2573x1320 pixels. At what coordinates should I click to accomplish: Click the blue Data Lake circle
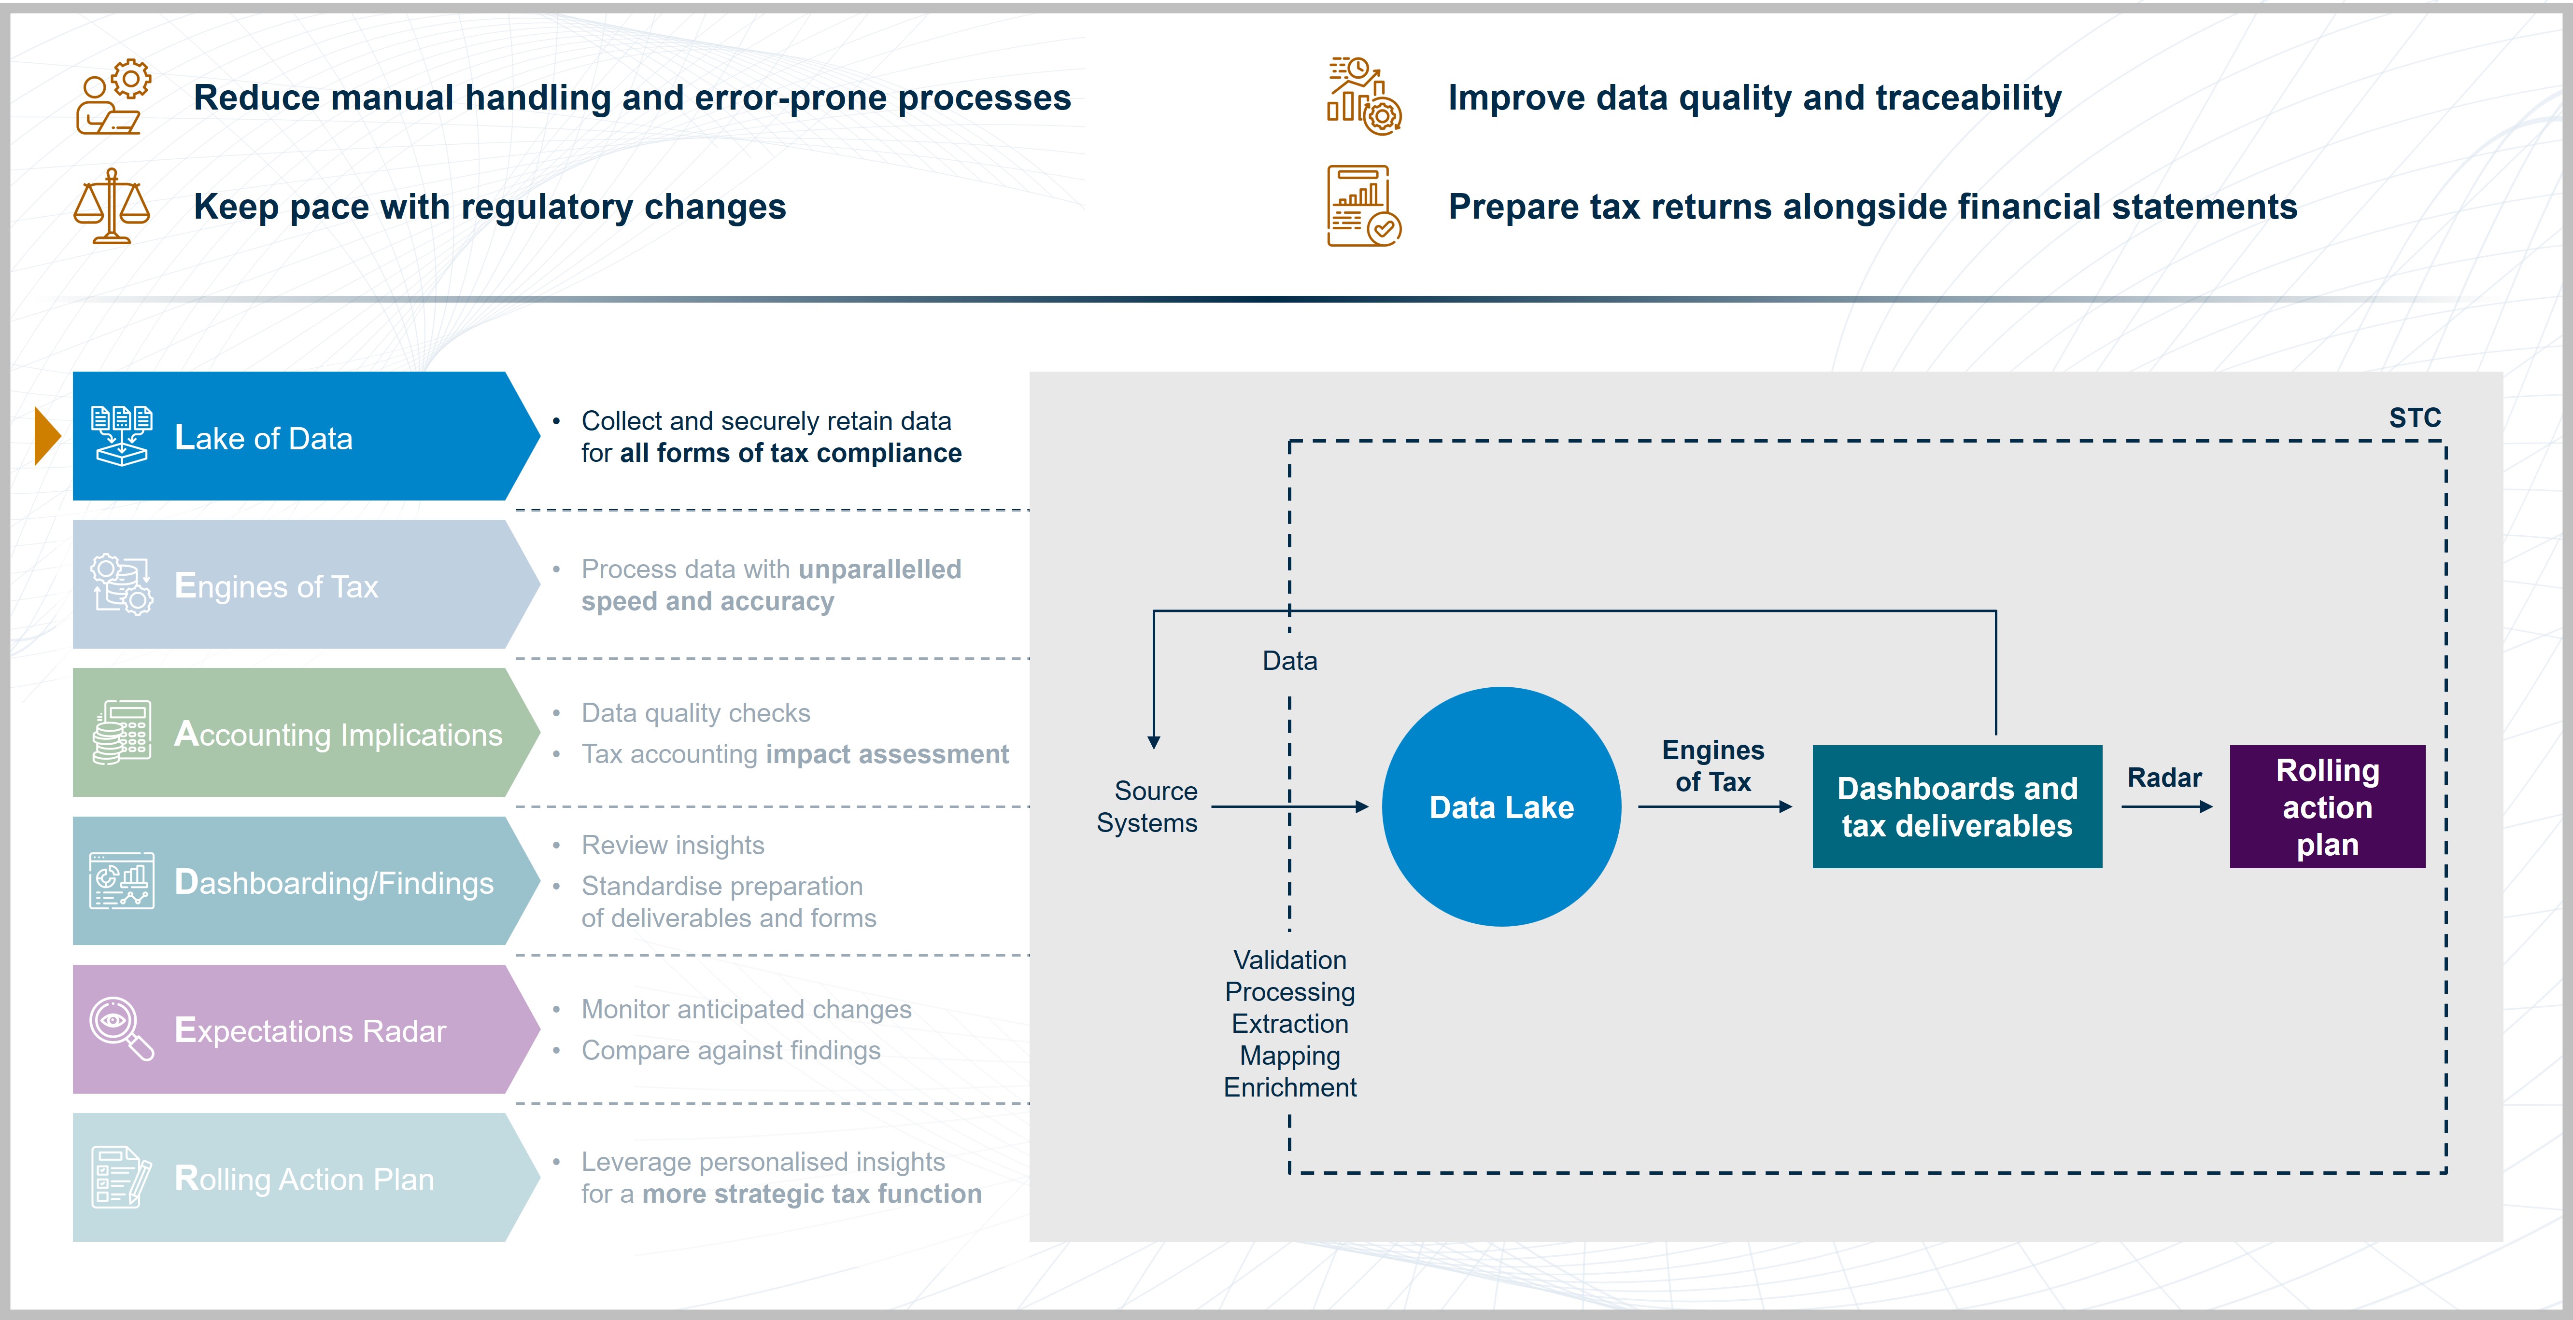1501,807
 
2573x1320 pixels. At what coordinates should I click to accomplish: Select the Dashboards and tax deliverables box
1957,807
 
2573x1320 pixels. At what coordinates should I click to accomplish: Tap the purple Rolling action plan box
2327,807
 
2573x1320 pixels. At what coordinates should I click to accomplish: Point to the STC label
2414,418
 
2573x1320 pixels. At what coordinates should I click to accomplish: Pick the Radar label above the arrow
2164,778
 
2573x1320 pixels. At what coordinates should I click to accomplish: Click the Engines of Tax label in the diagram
1713,766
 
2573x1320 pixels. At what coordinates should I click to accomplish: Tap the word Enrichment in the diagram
1289,1087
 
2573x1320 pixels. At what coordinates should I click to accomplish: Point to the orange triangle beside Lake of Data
47,436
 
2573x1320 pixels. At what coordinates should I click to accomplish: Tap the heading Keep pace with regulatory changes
489,207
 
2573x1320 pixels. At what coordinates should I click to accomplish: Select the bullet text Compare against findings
731,1050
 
